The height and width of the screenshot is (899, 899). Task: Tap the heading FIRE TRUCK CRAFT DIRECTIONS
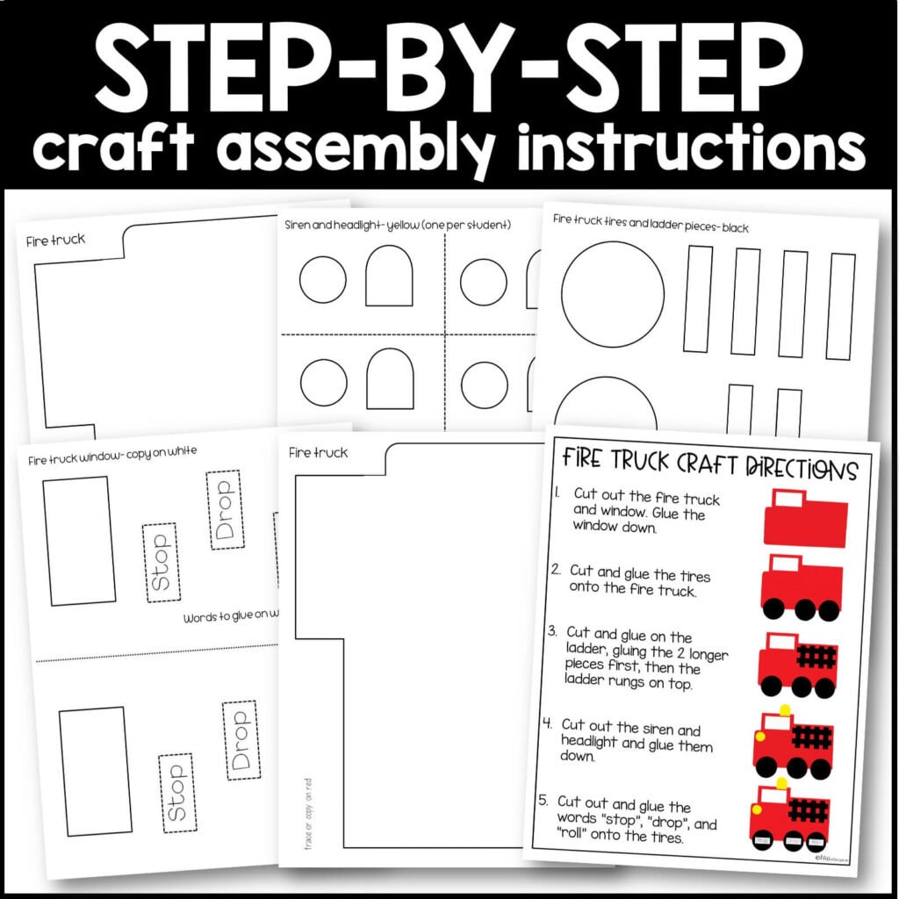coord(709,464)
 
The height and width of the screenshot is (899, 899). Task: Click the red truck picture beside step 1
coord(805,518)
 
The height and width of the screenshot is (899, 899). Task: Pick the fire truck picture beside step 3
coord(796,665)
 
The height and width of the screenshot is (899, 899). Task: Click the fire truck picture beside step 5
coord(790,818)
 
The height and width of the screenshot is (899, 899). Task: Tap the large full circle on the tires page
coord(613,294)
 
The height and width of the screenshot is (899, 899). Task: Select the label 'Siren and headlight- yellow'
coord(398,226)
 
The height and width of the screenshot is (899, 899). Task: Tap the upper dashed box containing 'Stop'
coord(160,563)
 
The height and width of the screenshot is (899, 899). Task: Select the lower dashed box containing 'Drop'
coord(240,740)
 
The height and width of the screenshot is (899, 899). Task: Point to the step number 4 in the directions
coord(547,725)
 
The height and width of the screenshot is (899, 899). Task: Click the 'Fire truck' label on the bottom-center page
coord(318,453)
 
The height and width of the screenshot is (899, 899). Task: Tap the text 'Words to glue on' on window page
coord(232,618)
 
